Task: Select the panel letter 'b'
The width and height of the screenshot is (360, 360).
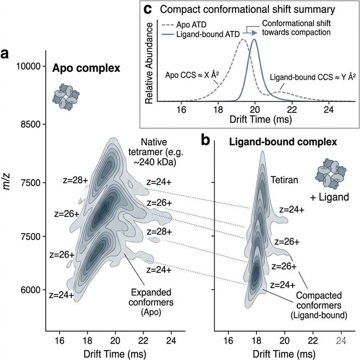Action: coord(205,141)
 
